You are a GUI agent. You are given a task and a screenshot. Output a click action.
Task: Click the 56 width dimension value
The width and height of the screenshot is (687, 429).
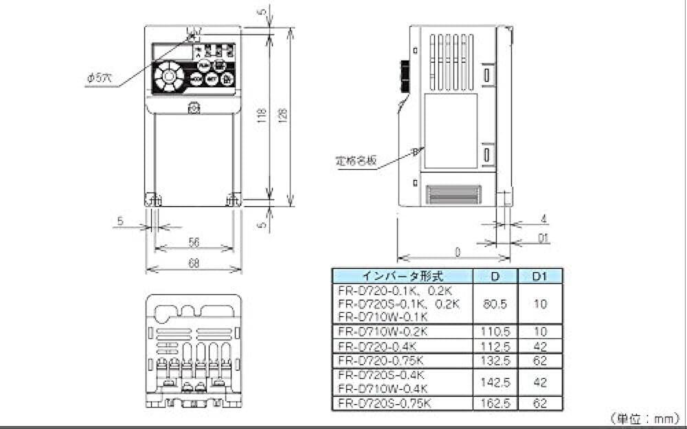tap(194, 242)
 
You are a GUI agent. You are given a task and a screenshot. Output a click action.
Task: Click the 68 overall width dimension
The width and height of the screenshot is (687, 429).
tap(194, 263)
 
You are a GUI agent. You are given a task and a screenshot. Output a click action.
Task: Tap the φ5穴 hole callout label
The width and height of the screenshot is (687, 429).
tap(98, 79)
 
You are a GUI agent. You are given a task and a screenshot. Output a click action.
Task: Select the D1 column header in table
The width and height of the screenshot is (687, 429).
tap(540, 276)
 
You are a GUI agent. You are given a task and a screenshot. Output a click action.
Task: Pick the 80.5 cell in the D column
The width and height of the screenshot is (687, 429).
tap(495, 303)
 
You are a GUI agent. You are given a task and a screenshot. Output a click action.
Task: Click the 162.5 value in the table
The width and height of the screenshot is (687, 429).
tap(495, 404)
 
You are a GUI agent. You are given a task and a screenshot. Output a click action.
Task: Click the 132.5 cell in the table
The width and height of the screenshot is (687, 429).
tap(495, 360)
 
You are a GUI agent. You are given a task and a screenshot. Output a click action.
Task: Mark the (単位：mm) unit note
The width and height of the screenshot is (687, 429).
tap(642, 417)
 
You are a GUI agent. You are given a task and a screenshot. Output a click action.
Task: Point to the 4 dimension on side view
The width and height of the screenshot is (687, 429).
tap(543, 219)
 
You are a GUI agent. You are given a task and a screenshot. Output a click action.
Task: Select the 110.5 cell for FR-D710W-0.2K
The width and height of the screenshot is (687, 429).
tap(495, 331)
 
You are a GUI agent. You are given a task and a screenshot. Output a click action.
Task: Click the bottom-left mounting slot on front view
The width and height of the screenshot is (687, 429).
tap(153, 201)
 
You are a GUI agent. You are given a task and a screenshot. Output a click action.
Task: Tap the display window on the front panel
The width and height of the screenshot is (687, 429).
tap(170, 51)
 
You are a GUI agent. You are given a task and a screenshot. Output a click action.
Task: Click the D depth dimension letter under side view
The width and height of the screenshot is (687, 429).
tap(457, 252)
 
